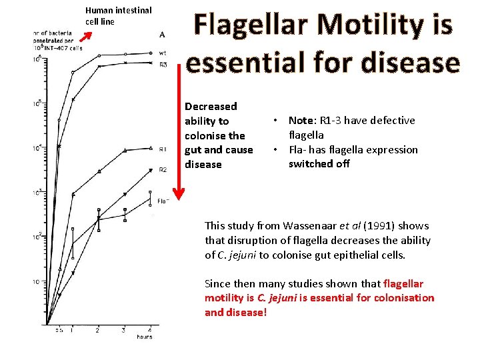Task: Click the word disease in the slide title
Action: pyautogui.click(x=408, y=62)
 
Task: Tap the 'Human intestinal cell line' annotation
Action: pyautogui.click(x=118, y=16)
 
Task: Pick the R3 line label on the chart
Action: pyautogui.click(x=163, y=64)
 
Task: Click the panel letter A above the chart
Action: pyautogui.click(x=163, y=33)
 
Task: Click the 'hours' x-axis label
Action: pyautogui.click(x=144, y=337)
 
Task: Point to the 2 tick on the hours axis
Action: pyautogui.click(x=98, y=329)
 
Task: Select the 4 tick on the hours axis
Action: pyautogui.click(x=149, y=329)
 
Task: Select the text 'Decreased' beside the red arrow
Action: pyautogui.click(x=211, y=107)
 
